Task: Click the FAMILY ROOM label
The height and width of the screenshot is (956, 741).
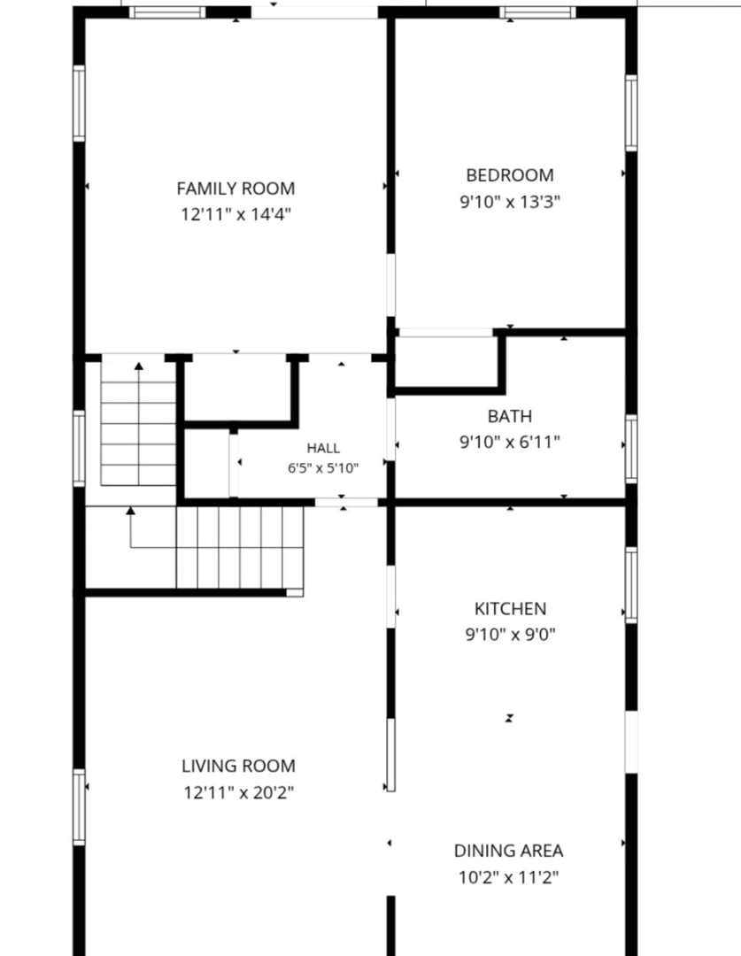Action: (235, 189)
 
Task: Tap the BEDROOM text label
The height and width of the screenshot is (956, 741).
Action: (510, 175)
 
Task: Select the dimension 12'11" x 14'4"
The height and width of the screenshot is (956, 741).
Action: (235, 214)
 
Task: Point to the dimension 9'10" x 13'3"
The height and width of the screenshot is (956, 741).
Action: (510, 202)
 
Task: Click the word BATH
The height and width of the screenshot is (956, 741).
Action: (510, 416)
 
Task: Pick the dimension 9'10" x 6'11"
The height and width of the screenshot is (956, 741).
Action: (510, 442)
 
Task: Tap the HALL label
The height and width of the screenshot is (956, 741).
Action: (323, 449)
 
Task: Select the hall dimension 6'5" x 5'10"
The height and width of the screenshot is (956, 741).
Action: (323, 468)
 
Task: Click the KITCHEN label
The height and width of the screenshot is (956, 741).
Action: (511, 608)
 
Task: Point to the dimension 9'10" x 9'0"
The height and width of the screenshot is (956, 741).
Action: (511, 635)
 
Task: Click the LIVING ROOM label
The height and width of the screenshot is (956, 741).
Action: (238, 766)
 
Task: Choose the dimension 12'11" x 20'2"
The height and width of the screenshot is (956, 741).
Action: (238, 792)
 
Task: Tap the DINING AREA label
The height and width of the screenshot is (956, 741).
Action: (509, 851)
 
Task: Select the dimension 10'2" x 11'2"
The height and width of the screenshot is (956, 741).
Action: (509, 877)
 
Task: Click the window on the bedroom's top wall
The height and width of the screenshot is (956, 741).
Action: (537, 12)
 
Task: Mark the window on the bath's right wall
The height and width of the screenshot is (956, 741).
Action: (631, 449)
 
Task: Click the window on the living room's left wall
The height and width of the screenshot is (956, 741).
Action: (79, 807)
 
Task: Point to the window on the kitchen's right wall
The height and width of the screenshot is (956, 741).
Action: (631, 585)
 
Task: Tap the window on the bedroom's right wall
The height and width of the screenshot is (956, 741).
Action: (631, 112)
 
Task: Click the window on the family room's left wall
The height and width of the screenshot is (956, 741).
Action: (79, 103)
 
